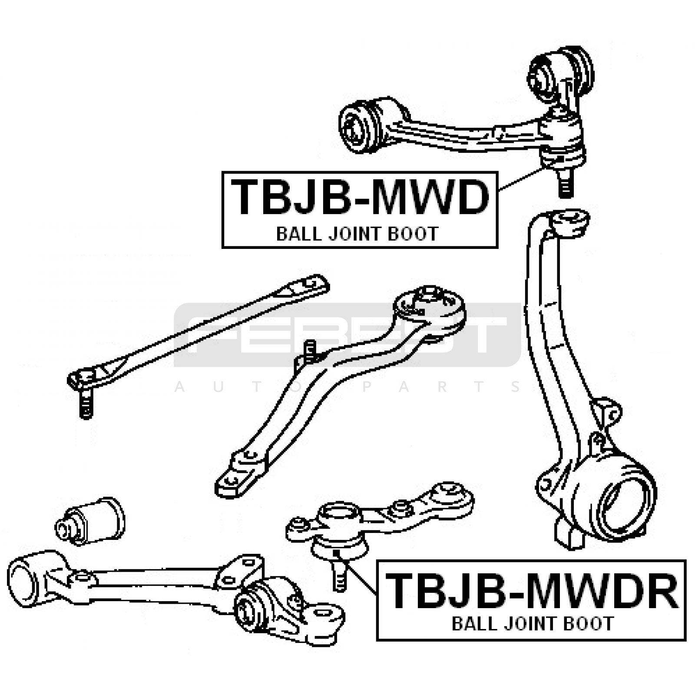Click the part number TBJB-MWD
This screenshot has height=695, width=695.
[x=360, y=198]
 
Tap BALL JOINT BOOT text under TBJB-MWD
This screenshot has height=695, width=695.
[x=357, y=235]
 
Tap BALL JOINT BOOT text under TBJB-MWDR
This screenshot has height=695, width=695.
[x=533, y=624]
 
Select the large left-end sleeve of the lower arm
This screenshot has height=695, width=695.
[x=26, y=579]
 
